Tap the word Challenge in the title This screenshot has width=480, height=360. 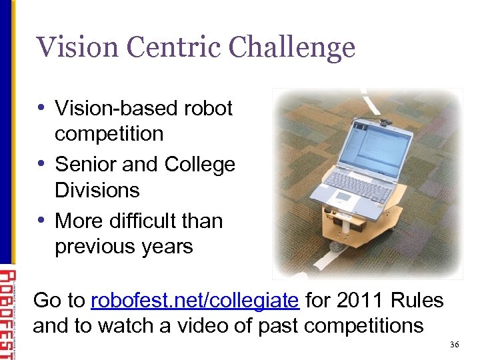tap(291, 47)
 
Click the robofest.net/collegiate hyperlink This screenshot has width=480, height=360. tap(194, 301)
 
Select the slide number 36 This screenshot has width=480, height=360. tap(455, 345)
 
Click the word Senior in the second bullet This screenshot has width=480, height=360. tap(87, 164)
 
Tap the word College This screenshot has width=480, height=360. tap(199, 164)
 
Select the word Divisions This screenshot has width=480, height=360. tap(97, 190)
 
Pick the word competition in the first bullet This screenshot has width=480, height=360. tap(109, 133)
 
